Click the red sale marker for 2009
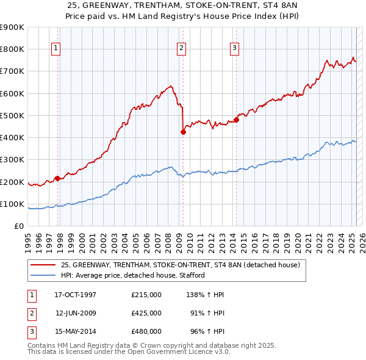pyautogui.click(x=183, y=131)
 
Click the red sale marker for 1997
pyautogui.click(x=57, y=178)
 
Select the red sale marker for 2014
pyautogui.click(x=236, y=120)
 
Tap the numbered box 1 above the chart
pyautogui.click(x=56, y=49)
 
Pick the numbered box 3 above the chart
pyautogui.click(x=235, y=49)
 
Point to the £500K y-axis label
pyautogui.click(x=12, y=115)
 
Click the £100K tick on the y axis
pyautogui.click(x=12, y=204)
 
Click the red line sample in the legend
pyautogui.click(x=43, y=265)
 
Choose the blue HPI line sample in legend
pyautogui.click(x=43, y=275)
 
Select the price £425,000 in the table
pyautogui.click(x=146, y=313)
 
